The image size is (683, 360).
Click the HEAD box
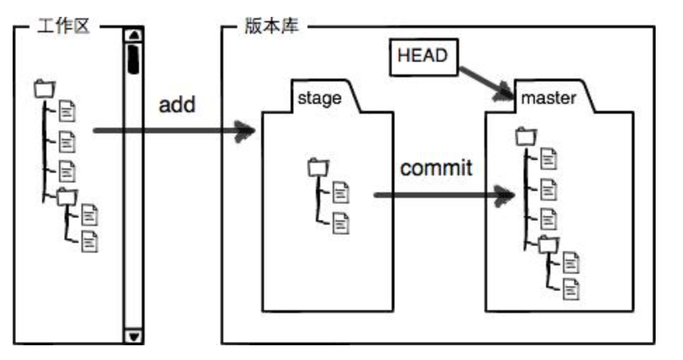(x=422, y=55)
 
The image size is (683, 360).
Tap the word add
(x=176, y=105)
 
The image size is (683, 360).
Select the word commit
(x=436, y=168)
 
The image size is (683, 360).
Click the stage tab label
(x=319, y=97)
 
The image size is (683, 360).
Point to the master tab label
(x=548, y=97)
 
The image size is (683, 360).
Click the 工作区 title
(x=63, y=28)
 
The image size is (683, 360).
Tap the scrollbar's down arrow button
(x=133, y=336)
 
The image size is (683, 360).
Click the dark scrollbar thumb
(x=133, y=58)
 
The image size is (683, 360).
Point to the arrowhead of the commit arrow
(x=505, y=194)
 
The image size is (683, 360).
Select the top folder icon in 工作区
(x=44, y=89)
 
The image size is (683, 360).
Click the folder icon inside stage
(x=317, y=168)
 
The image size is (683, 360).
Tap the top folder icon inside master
(x=524, y=135)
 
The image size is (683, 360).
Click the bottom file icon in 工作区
(x=90, y=241)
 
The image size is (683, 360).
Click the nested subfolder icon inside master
(x=547, y=244)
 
